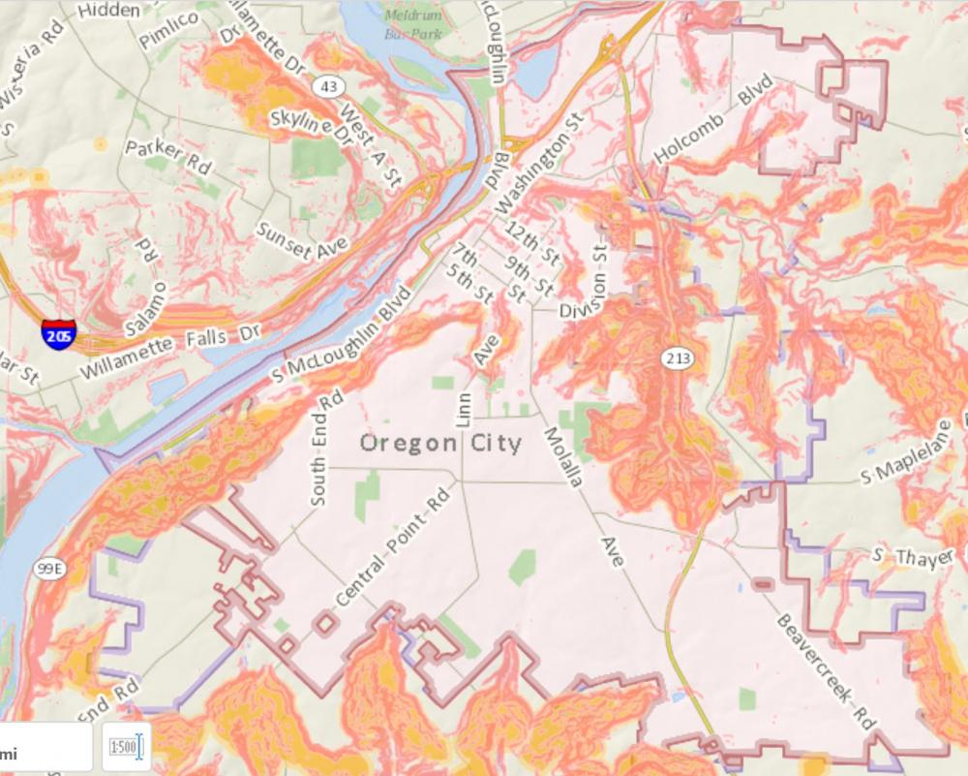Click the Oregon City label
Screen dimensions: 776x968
pyautogui.click(x=440, y=444)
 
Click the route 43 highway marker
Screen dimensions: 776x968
pyautogui.click(x=329, y=87)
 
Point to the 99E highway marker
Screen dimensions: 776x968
pyautogui.click(x=48, y=570)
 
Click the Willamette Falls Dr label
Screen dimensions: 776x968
pyautogui.click(x=170, y=350)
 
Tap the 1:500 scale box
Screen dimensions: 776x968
pyautogui.click(x=126, y=747)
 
